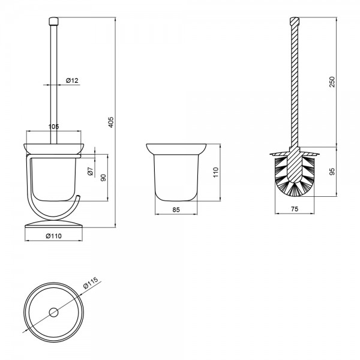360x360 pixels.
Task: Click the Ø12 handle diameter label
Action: point(72,80)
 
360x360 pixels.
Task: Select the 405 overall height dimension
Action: point(110,122)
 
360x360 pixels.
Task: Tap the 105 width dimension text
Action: point(54,127)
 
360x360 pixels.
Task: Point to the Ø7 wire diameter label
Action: point(91,171)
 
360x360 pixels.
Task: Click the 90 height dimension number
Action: point(104,178)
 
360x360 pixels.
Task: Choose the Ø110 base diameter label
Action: point(54,236)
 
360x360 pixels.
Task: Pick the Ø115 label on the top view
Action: point(91,283)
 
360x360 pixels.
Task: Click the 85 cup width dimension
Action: point(176,209)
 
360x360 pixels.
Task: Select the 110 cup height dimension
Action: point(216,172)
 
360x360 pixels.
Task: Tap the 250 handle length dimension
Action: point(332,82)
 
